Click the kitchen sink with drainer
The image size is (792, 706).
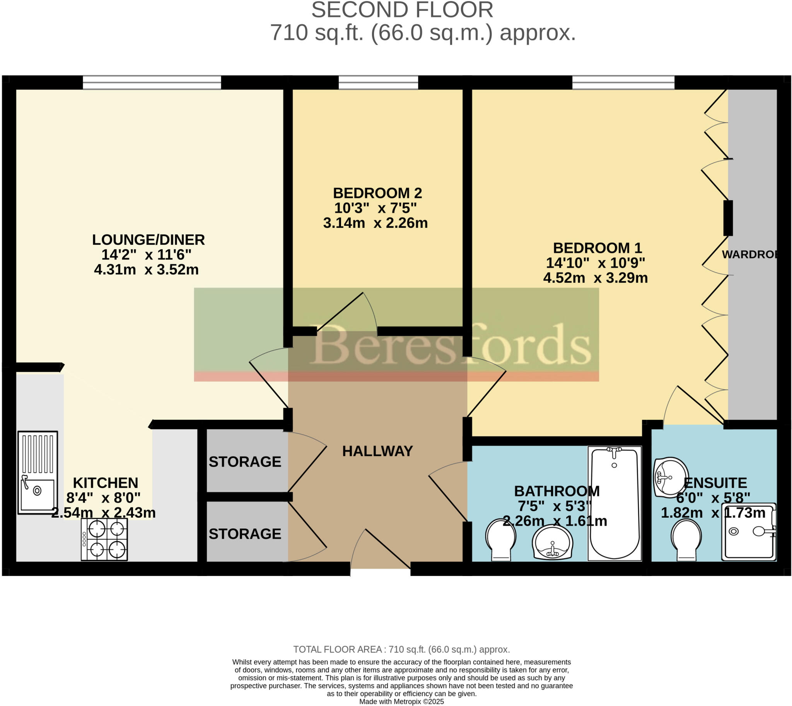tap(38, 472)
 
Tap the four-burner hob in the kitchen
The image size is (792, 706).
tap(104, 540)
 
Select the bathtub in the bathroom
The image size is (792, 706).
tap(614, 503)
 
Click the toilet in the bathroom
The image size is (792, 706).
tap(500, 540)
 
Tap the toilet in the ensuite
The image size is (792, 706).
tap(686, 540)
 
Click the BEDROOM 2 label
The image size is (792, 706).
tap(377, 193)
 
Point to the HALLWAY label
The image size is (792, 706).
tap(377, 451)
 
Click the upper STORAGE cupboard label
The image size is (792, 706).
tap(245, 462)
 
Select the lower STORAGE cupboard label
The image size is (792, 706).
tap(245, 534)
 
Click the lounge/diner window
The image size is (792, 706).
tap(152, 83)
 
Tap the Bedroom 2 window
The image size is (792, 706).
tap(378, 83)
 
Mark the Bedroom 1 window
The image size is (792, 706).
tap(623, 83)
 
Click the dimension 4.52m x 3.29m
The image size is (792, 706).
tap(595, 278)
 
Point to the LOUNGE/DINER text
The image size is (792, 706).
tap(148, 240)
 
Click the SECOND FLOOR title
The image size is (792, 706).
tap(402, 10)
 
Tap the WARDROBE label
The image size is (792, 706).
tap(749, 255)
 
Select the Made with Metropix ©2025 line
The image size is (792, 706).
tap(401, 701)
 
